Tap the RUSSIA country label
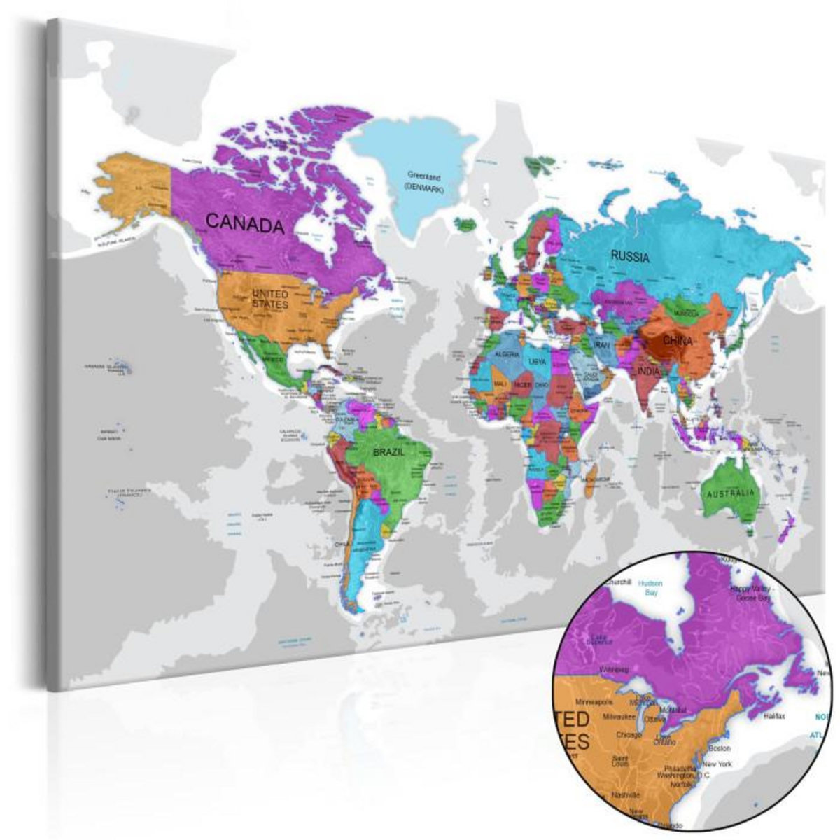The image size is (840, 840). pos(630,256)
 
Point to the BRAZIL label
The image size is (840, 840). pos(389,452)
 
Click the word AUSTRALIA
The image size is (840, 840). pos(731,494)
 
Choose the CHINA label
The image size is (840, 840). pos(678,342)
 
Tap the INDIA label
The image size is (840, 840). pos(648,371)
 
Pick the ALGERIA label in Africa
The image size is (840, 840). pos(507,356)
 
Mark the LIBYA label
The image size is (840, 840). pos(538,361)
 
